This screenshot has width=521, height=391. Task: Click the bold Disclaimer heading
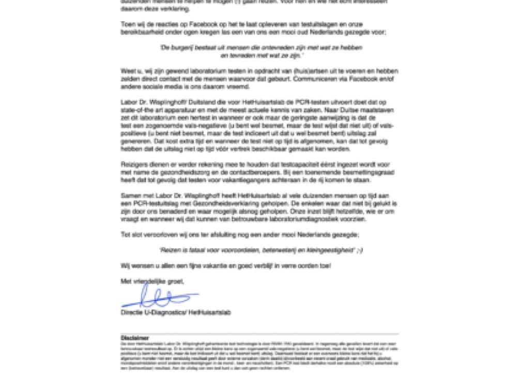pyautogui.click(x=135, y=338)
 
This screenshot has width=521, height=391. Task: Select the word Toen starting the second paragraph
pyautogui.click(x=128, y=24)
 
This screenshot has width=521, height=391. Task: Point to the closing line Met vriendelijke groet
pyautogui.click(x=152, y=281)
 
